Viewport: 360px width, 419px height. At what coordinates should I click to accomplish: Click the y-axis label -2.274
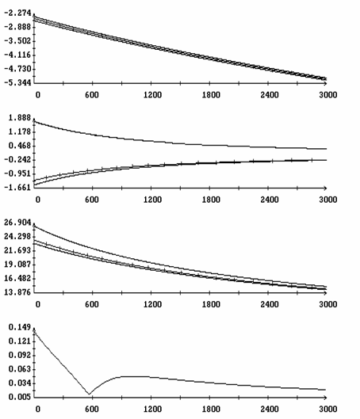(17, 13)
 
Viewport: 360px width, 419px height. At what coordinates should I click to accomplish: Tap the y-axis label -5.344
(17, 82)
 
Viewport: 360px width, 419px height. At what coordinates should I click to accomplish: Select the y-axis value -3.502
(17, 41)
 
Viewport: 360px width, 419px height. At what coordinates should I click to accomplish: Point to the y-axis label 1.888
(20, 118)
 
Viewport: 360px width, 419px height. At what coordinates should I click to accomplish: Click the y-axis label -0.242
(17, 160)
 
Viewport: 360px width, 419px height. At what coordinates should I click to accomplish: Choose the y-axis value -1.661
(17, 187)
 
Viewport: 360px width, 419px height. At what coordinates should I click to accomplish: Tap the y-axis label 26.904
(17, 223)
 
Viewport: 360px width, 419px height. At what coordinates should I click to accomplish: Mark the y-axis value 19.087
(17, 265)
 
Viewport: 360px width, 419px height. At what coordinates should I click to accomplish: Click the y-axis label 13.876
(17, 292)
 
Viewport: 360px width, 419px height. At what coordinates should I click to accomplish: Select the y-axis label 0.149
(20, 327)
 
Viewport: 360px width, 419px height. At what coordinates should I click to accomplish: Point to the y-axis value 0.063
(20, 369)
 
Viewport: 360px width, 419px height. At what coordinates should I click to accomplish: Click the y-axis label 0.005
(20, 397)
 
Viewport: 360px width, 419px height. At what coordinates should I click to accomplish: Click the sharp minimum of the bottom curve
(89, 394)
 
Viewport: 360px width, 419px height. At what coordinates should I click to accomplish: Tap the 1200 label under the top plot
(152, 95)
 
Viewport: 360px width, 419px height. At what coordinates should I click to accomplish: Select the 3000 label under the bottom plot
(328, 409)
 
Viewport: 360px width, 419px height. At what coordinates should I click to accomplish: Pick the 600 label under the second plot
(92, 200)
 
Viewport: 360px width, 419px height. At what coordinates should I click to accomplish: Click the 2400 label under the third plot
(270, 304)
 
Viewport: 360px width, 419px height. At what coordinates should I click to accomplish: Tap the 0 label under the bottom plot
(38, 409)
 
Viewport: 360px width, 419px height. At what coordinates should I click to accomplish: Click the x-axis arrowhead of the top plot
(325, 83)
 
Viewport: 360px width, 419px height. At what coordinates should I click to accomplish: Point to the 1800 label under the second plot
(211, 200)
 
